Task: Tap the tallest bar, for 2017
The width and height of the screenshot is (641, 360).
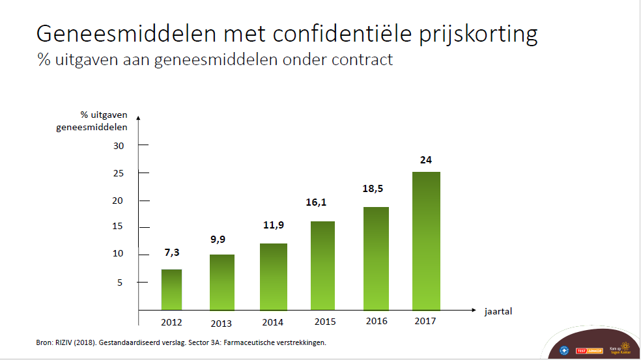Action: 426,241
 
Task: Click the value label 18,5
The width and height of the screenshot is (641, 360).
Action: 373,189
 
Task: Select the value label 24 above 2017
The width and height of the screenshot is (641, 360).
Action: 426,159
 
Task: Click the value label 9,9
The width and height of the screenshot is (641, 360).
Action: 221,239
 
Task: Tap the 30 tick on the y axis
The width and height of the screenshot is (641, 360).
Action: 118,145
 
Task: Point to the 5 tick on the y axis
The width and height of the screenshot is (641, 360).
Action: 121,282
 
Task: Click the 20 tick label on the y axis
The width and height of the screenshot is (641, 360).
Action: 118,201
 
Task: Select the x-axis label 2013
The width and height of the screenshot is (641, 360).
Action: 222,323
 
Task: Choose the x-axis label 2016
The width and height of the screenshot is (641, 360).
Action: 377,321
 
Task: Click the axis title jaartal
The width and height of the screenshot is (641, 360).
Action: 498,311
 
